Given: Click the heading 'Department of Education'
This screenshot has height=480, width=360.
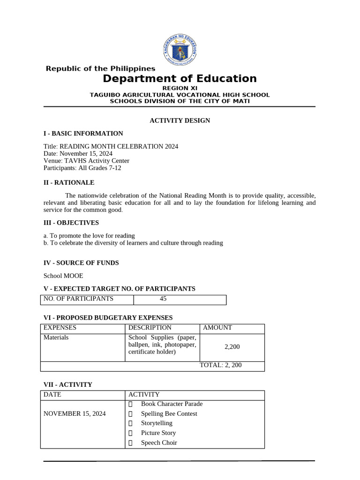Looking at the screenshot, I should tap(180, 79).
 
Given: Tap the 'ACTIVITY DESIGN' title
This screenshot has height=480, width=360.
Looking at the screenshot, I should tap(180, 120).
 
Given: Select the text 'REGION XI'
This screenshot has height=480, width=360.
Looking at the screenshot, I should tap(180, 88).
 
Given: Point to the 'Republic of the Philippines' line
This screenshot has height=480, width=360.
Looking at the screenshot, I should tap(100, 69).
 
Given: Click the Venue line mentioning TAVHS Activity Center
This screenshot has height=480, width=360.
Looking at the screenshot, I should tap(86, 161).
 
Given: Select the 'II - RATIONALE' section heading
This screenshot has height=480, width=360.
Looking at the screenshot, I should tap(69, 182).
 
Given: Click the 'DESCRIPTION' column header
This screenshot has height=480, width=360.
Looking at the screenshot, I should tap(150, 328).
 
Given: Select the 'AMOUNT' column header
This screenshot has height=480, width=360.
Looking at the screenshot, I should tap(217, 328).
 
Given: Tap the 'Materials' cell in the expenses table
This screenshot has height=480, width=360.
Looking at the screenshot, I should tap(56, 337).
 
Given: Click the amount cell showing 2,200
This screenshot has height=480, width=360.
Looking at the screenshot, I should tap(232, 347).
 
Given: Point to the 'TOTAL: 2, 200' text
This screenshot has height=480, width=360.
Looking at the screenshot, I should tap(221, 365).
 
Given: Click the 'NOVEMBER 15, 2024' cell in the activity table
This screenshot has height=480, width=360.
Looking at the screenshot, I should tap(75, 413).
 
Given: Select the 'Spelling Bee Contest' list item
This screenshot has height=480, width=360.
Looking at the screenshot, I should tap(169, 413).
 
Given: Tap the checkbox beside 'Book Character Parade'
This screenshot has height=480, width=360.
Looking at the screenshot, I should tap(131, 404).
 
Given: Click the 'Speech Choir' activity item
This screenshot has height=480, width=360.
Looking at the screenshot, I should tap(159, 442).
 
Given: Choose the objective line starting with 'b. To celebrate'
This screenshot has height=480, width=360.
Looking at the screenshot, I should tap(133, 243).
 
